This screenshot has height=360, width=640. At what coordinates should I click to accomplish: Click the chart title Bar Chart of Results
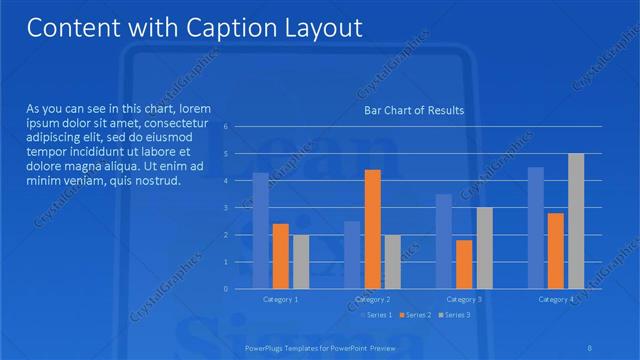pos(413,110)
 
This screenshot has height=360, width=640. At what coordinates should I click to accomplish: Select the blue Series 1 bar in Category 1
pos(261,230)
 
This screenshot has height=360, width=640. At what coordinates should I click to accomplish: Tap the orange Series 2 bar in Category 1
pos(280,256)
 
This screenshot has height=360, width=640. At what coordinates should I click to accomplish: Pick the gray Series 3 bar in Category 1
pos(300,261)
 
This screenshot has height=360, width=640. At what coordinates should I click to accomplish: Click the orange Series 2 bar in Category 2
pos(372,229)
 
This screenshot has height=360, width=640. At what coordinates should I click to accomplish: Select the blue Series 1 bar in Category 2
pos(352,254)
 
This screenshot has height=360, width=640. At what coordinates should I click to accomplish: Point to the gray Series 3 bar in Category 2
pos(392,261)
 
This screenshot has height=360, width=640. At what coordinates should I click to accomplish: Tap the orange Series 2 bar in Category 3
pos(464,264)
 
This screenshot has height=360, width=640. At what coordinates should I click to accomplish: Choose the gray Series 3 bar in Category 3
pos(484,248)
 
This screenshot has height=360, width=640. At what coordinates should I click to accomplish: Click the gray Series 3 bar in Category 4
pos(576,221)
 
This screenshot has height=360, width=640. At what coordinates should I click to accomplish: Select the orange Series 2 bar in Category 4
pos(556,250)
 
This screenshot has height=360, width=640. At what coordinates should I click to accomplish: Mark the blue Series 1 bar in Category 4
pos(536,227)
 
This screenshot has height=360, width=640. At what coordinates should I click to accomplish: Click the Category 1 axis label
pos(280,299)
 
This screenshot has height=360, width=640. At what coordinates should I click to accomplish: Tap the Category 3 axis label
pos(464,299)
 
